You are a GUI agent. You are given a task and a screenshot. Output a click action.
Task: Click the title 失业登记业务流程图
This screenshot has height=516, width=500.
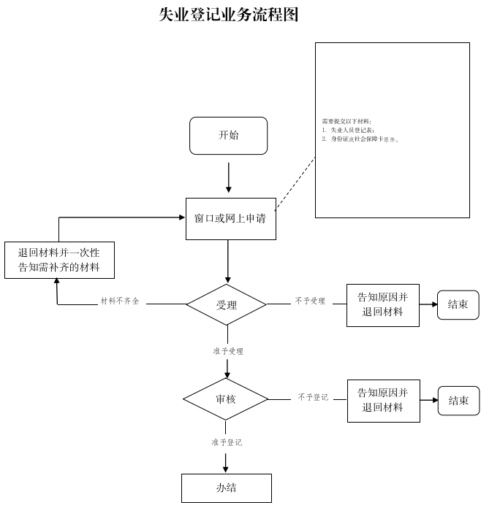(229, 15)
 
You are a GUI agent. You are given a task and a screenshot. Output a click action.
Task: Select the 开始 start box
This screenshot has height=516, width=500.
(228, 136)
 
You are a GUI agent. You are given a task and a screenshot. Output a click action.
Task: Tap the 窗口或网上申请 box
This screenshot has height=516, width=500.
(230, 218)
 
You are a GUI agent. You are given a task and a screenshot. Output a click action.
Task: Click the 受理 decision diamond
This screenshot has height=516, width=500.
(227, 304)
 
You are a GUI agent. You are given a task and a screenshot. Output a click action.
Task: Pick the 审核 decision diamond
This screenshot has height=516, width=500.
(226, 399)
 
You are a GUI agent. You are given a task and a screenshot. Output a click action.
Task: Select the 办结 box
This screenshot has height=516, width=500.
(226, 488)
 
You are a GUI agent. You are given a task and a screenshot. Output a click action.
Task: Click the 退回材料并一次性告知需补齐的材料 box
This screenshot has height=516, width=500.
(58, 260)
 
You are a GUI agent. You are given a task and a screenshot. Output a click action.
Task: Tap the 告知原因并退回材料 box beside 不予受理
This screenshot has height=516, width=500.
(382, 305)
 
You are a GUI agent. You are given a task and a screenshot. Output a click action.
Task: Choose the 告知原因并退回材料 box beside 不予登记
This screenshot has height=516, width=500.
(383, 400)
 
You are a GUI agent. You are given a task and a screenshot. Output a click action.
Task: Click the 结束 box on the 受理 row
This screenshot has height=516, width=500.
(458, 305)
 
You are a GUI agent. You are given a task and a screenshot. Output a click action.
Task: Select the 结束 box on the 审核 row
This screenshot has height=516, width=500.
(458, 401)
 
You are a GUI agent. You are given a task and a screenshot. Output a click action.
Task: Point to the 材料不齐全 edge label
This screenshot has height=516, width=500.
(120, 301)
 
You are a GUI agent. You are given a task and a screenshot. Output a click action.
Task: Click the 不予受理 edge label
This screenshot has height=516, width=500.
(310, 301)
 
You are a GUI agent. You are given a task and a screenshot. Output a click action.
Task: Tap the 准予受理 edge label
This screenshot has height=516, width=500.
(228, 351)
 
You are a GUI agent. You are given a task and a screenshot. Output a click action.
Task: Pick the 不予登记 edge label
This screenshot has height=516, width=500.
(313, 397)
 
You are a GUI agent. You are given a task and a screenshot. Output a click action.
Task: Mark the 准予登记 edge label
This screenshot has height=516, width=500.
(227, 442)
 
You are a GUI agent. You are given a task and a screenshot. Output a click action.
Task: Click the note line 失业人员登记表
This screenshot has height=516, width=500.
(352, 130)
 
